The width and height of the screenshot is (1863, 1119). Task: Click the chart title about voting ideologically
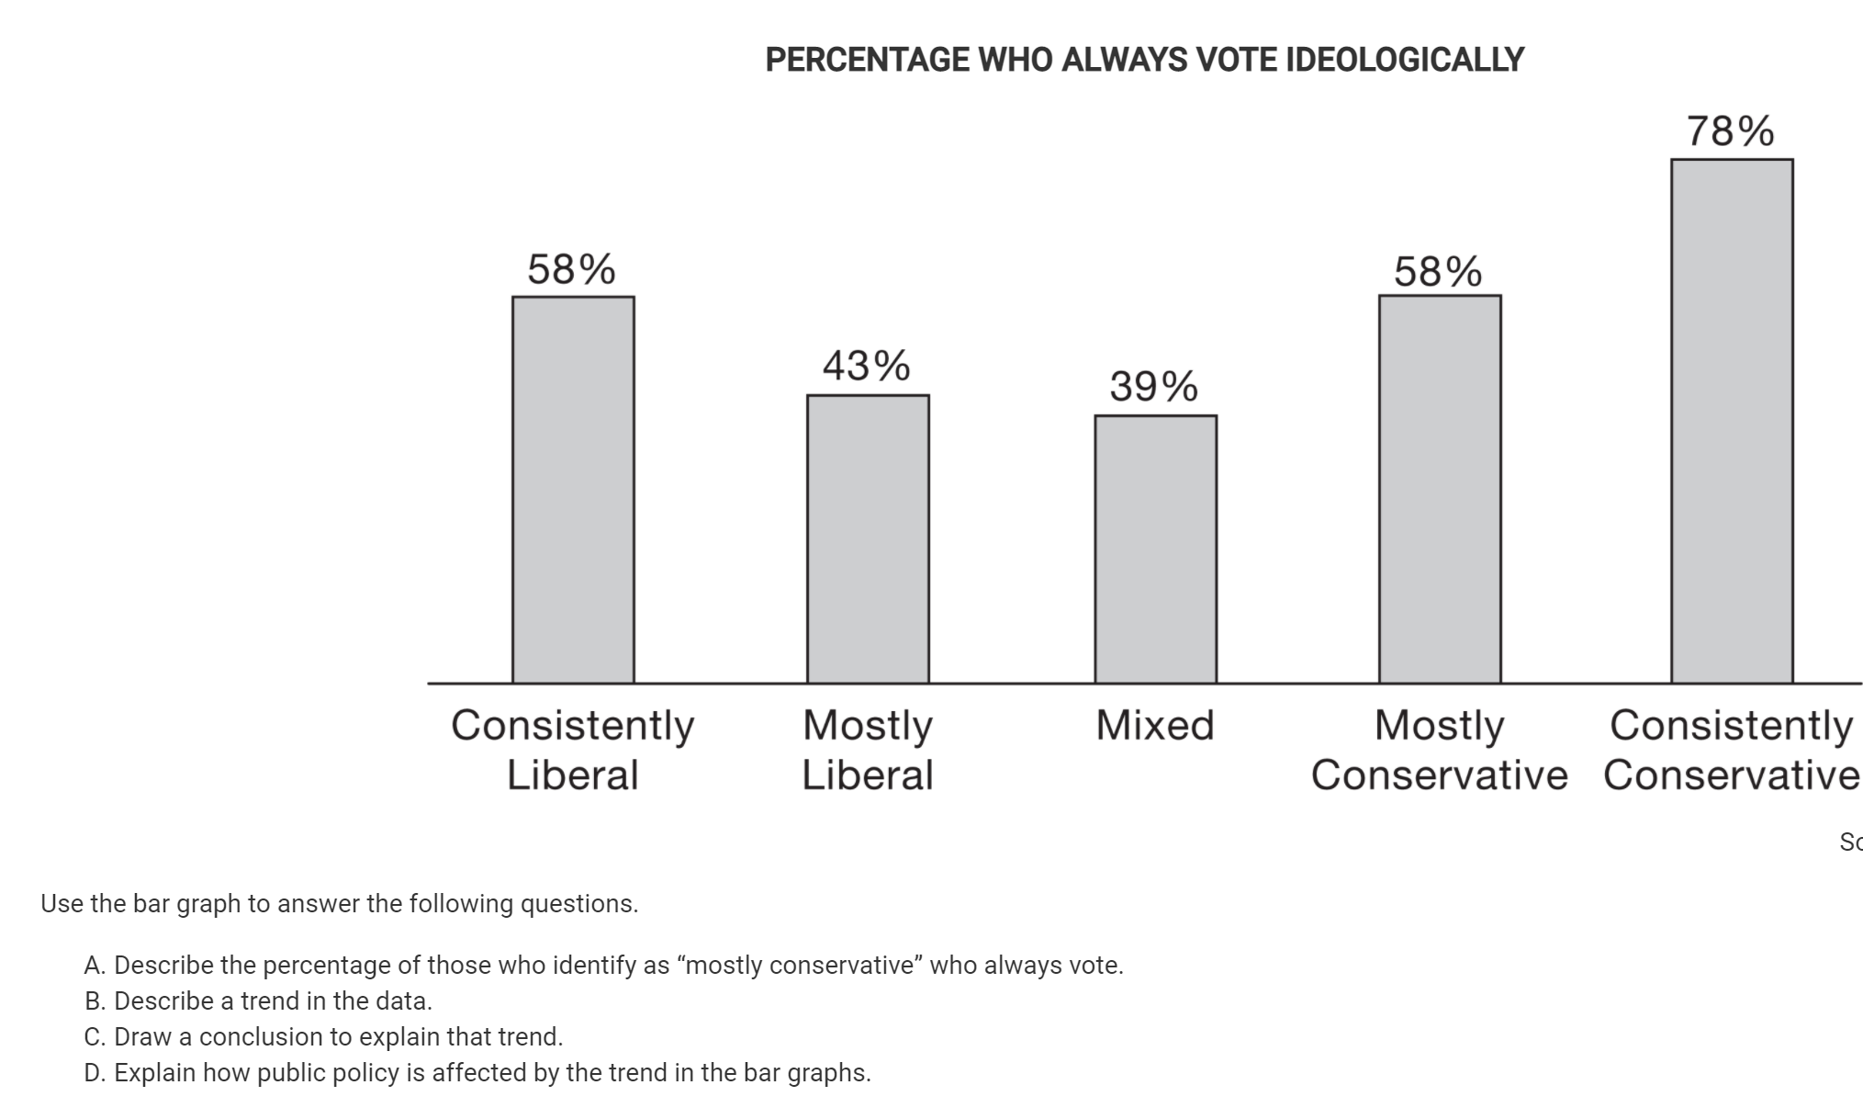pyautogui.click(x=1144, y=61)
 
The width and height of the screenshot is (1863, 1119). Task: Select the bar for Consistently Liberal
pyautogui.click(x=573, y=490)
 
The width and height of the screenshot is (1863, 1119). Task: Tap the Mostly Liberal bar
pyautogui.click(x=868, y=539)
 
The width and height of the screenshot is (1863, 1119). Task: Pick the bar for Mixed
pyautogui.click(x=1155, y=549)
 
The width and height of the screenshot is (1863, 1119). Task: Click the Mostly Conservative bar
pyautogui.click(x=1440, y=490)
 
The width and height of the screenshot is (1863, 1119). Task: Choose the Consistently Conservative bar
pyautogui.click(x=1732, y=421)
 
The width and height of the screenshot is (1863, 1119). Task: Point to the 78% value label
pyautogui.click(x=1730, y=131)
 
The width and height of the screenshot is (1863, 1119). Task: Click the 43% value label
pyautogui.click(x=866, y=366)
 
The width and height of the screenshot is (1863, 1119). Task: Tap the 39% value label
pyautogui.click(x=1153, y=386)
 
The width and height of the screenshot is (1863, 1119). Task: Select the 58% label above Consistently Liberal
pyautogui.click(x=571, y=270)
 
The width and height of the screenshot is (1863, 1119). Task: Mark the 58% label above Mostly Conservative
pyautogui.click(x=1438, y=272)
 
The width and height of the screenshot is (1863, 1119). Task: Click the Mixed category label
pyautogui.click(x=1155, y=726)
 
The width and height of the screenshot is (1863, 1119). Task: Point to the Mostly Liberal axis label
pyautogui.click(x=868, y=750)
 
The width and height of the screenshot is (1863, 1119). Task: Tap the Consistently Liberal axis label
pyautogui.click(x=573, y=750)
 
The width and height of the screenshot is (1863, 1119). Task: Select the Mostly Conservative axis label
pyautogui.click(x=1439, y=750)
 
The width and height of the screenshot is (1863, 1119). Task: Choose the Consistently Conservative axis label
pyautogui.click(x=1732, y=750)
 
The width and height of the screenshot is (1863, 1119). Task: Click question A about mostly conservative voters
pyautogui.click(x=603, y=966)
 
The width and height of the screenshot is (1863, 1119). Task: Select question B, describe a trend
pyautogui.click(x=258, y=1000)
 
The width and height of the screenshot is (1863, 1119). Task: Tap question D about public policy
pyautogui.click(x=477, y=1073)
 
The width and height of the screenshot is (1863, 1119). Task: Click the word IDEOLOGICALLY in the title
pyautogui.click(x=1405, y=61)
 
